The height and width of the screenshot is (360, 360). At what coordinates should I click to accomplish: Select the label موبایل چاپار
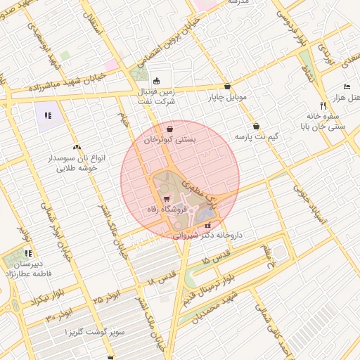click(228, 98)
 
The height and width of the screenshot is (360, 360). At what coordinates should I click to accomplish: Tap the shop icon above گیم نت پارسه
click(255, 125)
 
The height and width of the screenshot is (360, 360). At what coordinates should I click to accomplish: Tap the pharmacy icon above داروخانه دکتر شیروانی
click(207, 226)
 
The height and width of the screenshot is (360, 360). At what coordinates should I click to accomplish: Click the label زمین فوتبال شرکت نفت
click(156, 96)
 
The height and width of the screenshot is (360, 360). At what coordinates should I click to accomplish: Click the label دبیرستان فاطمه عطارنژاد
click(29, 267)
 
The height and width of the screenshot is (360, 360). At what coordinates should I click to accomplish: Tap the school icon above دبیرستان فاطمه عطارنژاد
click(29, 253)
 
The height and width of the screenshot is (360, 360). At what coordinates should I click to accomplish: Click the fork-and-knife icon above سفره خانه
click(322, 104)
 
